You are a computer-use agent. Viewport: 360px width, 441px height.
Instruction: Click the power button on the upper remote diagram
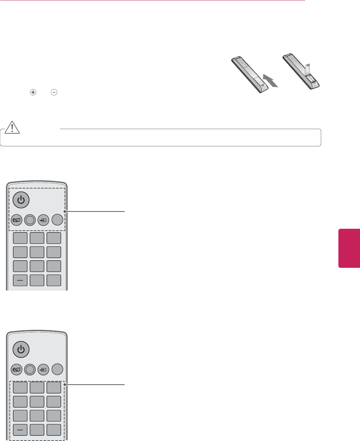coord(21,200)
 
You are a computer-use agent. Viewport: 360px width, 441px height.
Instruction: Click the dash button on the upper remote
coord(20,280)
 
